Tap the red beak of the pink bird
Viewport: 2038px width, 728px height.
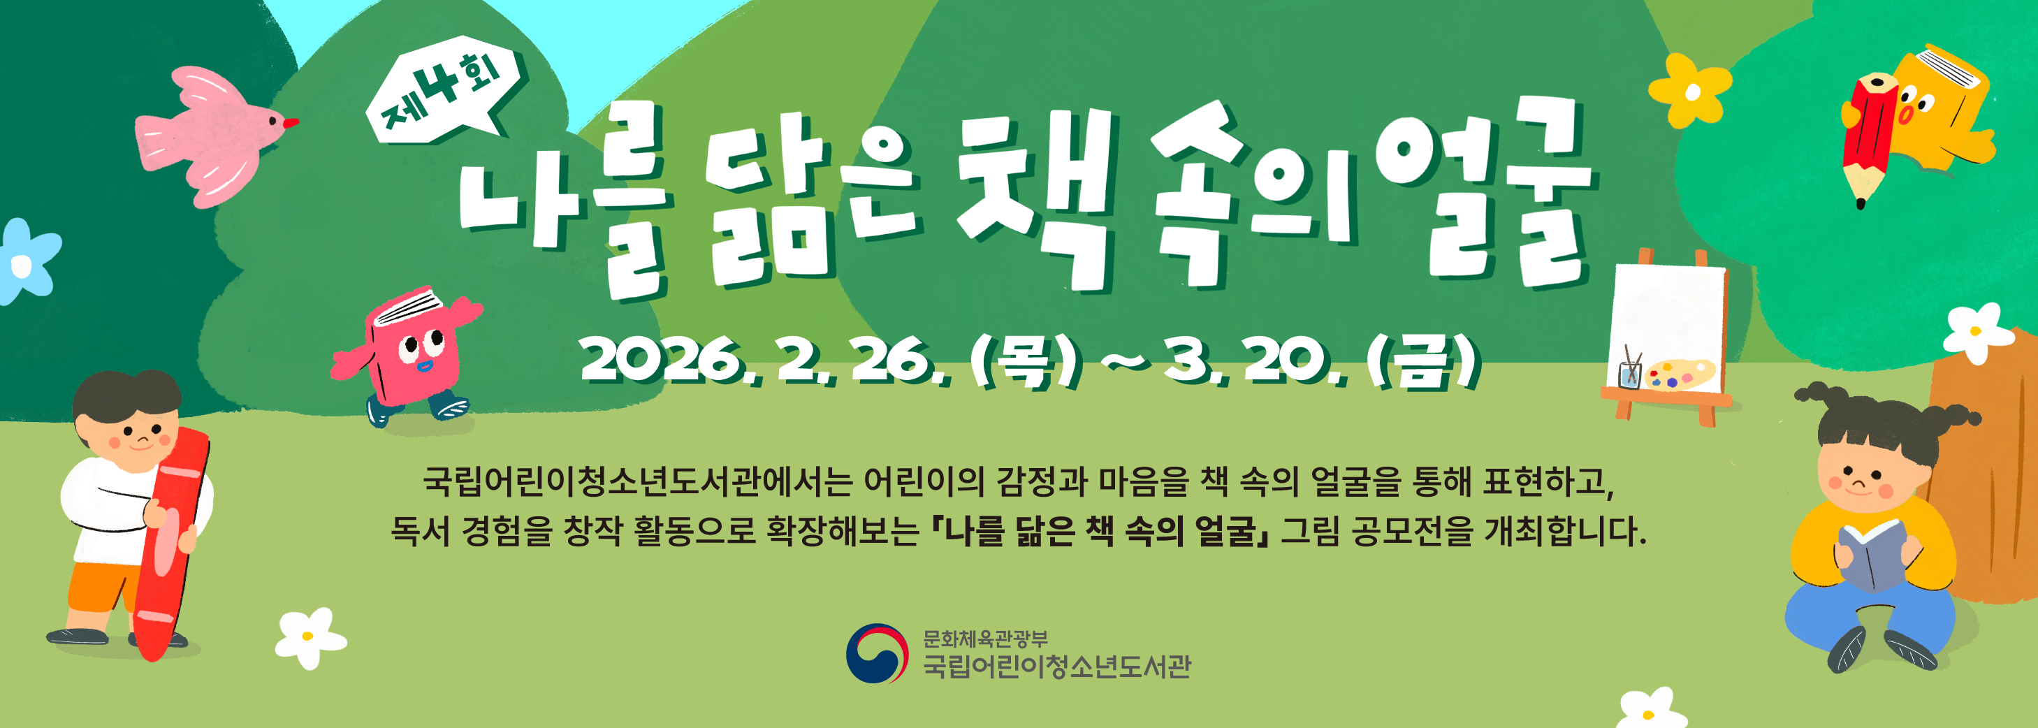pyautogui.click(x=291, y=123)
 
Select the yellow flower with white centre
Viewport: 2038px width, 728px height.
pyautogui.click(x=1690, y=91)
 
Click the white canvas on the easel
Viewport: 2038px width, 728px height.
pyautogui.click(x=1669, y=316)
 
